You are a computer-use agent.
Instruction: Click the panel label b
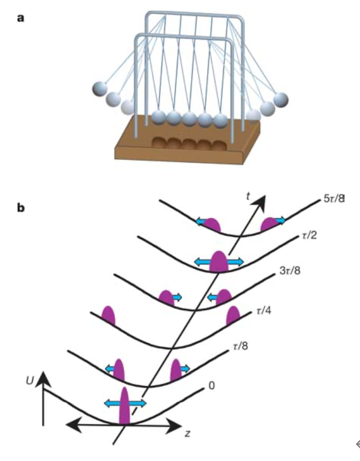(21, 208)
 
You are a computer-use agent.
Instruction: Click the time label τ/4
(261, 312)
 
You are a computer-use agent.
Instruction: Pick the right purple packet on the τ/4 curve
(233, 316)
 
